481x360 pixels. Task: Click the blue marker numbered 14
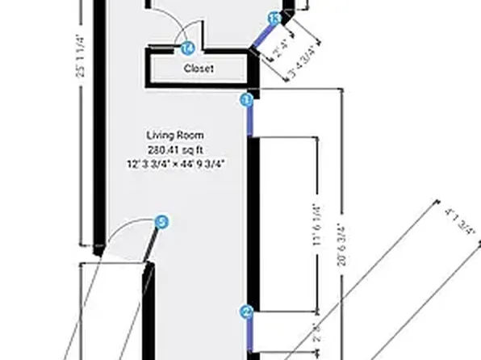pyautogui.click(x=188, y=48)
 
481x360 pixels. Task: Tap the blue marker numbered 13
pyautogui.click(x=274, y=17)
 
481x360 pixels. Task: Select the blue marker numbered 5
pyautogui.click(x=161, y=221)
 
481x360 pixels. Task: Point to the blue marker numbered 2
pyautogui.click(x=247, y=312)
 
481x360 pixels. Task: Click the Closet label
pyautogui.click(x=199, y=69)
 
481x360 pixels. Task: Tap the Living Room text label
pyautogui.click(x=175, y=135)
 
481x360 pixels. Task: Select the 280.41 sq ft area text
pyautogui.click(x=175, y=149)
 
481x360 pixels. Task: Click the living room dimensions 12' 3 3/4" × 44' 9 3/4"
pyautogui.click(x=175, y=164)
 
